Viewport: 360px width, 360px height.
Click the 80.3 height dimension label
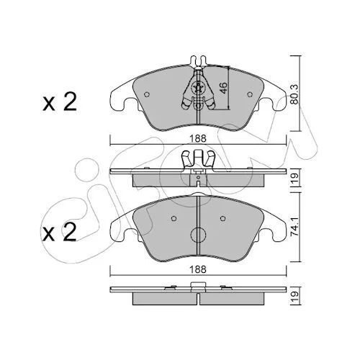pos(294,94)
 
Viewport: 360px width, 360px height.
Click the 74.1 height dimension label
pos(294,227)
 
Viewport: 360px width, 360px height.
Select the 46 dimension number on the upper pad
pos(223,88)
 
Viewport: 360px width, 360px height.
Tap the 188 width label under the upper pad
pos(198,138)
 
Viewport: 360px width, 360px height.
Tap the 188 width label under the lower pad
pos(198,269)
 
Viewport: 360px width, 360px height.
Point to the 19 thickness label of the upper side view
pos(294,179)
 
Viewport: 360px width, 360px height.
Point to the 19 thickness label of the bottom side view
pos(294,297)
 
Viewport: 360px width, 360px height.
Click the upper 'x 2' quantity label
pos(60,102)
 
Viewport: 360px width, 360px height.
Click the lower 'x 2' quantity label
pos(60,233)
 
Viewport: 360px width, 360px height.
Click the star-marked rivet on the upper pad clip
pos(198,88)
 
